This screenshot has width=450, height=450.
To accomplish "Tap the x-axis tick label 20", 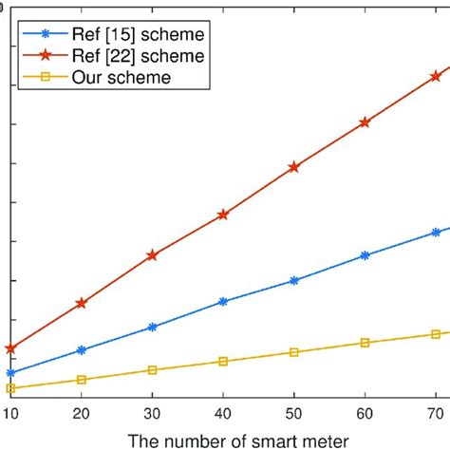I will click(82, 413).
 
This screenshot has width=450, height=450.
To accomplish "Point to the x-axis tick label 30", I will click(152, 413).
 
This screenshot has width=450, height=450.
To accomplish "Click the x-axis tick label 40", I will click(223, 413).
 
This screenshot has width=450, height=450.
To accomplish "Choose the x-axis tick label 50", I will click(294, 413).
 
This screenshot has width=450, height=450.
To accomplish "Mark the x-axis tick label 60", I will click(365, 413).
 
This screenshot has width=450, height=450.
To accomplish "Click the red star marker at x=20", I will click(82, 303).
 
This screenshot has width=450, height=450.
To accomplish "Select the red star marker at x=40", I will click(223, 215).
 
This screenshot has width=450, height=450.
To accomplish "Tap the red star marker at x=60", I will click(365, 122).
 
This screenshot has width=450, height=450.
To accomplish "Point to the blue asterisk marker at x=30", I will click(152, 327).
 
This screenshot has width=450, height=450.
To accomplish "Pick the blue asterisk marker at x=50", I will click(294, 280).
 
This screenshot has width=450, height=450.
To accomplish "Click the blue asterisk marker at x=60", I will click(365, 255).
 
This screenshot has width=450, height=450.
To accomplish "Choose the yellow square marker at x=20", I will click(82, 380).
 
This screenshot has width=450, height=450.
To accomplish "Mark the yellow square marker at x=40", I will click(223, 362).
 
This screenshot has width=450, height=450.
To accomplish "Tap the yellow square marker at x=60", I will click(365, 343).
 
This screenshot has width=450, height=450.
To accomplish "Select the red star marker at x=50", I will click(294, 167).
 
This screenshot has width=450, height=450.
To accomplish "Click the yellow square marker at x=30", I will click(152, 370).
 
